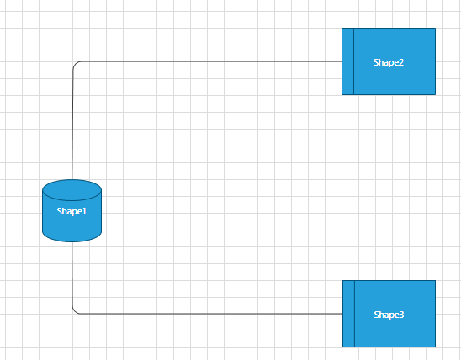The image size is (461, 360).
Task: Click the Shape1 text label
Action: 72,211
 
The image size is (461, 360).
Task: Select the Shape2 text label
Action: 389,61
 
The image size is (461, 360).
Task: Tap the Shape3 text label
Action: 389,314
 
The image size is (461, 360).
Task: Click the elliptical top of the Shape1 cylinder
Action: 72,188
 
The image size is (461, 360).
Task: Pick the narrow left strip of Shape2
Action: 347,61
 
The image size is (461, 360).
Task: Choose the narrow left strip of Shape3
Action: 348,314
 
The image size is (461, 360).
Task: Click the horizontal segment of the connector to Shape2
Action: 210,61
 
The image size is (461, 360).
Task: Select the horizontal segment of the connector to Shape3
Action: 210,314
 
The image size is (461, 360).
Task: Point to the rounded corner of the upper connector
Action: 76,65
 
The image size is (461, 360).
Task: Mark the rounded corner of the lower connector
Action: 76,310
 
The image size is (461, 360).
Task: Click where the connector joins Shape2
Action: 342,61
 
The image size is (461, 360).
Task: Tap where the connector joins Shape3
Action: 342,314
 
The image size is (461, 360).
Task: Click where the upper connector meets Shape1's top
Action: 73,180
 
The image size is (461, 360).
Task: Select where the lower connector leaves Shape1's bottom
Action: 73,241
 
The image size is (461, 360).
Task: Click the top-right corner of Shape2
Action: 435,29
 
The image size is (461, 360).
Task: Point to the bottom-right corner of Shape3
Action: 435,347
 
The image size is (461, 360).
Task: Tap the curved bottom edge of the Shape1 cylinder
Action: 72,240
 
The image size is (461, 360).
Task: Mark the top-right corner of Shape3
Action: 435,281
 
